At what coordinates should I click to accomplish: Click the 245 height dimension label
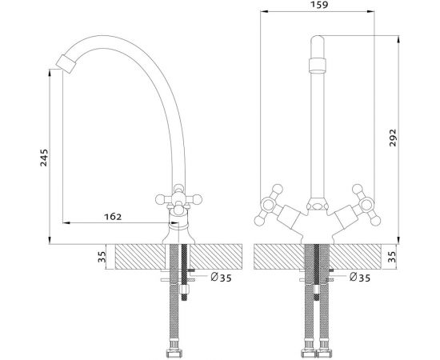44,158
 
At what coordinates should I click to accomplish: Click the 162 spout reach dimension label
113,217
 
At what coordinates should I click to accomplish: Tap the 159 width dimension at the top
319,4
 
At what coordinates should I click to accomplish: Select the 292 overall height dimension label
393,138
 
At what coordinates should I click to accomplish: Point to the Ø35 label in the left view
222,278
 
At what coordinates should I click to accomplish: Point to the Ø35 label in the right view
360,278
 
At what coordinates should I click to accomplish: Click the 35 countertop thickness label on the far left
102,257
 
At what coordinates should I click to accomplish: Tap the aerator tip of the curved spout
66,64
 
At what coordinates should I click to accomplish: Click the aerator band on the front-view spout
318,66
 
